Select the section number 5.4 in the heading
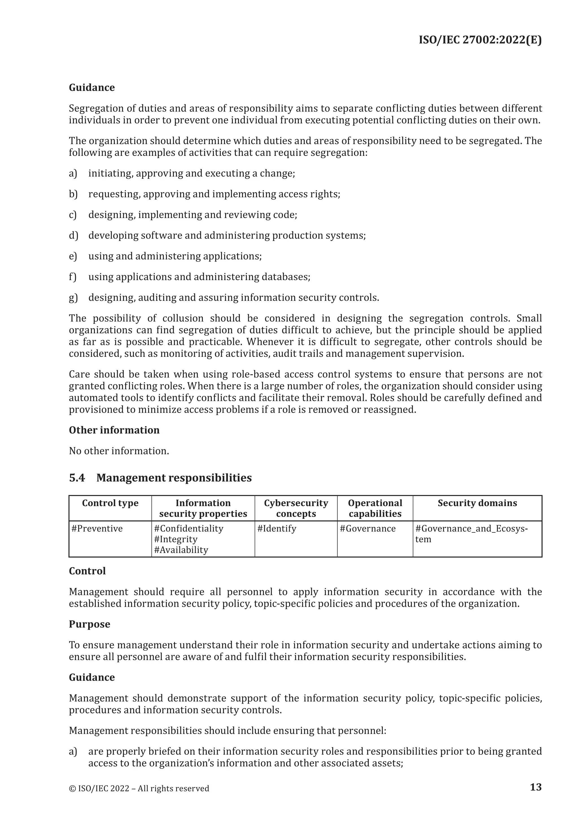(77, 478)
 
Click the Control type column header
(110, 503)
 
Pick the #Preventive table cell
(97, 528)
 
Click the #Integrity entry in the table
(176, 539)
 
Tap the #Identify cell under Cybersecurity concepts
(277, 528)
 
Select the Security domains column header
(477, 503)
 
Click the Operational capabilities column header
(375, 508)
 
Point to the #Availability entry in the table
(181, 550)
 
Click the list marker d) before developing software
(73, 236)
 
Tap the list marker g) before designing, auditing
(73, 297)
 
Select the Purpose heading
(89, 624)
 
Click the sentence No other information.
(119, 451)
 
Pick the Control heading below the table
(87, 571)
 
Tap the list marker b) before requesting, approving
(73, 194)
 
